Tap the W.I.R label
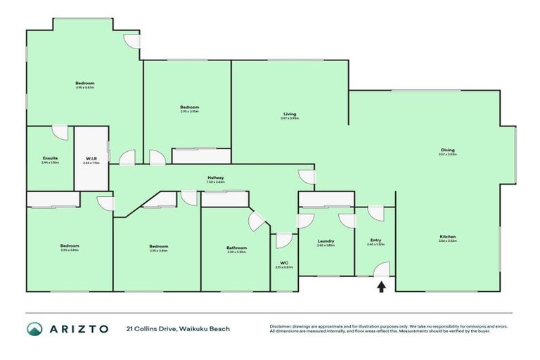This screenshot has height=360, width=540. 91,157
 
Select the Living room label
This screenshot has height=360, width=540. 290,114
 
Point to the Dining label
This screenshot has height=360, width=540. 448,150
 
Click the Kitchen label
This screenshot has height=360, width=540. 448,236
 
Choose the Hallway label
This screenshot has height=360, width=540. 216,177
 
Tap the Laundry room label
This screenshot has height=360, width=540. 326,240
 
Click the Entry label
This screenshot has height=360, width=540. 375,240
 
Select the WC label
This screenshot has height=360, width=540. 284,263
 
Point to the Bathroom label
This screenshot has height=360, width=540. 236,247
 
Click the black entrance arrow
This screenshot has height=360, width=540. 382,286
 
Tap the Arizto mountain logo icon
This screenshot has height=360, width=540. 35,329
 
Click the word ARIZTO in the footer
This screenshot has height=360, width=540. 79,329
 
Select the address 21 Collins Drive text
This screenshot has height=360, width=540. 178,328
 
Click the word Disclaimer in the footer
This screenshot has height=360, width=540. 281,326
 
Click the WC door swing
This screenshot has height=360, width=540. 284,240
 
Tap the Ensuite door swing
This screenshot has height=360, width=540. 60,133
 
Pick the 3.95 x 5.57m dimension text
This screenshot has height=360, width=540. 84,88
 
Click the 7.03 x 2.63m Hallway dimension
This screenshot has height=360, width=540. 216,182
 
